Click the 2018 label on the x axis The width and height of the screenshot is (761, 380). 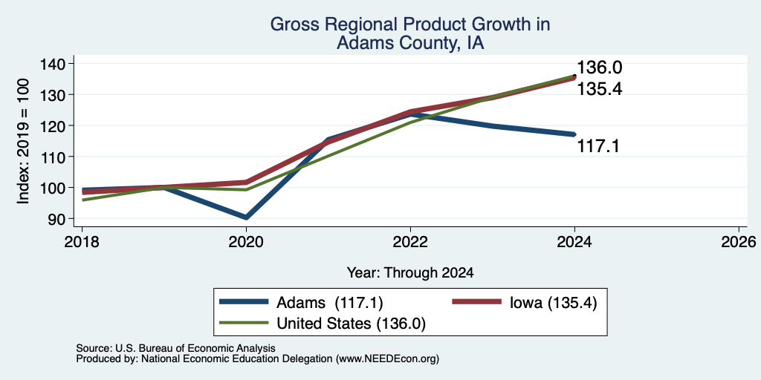pyautogui.click(x=82, y=242)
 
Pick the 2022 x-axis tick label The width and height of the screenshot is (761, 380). pyautogui.click(x=410, y=242)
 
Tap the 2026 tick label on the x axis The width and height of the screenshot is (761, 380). pyautogui.click(x=739, y=242)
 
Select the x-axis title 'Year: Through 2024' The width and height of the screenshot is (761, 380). pyautogui.click(x=410, y=273)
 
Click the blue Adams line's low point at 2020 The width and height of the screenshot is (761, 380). pyautogui.click(x=247, y=217)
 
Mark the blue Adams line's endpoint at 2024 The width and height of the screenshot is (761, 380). pyautogui.click(x=574, y=134)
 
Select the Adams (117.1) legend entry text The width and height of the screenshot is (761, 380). pyautogui.click(x=330, y=303)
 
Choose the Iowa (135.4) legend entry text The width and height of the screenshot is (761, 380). pyautogui.click(x=553, y=303)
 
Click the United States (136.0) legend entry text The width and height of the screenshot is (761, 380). pyautogui.click(x=351, y=324)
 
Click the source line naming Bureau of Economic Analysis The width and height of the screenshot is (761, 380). pyautogui.click(x=175, y=348)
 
